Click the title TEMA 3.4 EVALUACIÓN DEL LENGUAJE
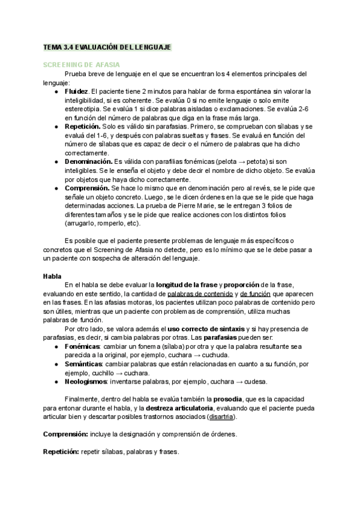click(x=107, y=46)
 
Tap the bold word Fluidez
click(x=76, y=91)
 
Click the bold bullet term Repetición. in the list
click(x=82, y=128)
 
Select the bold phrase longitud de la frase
click(x=186, y=285)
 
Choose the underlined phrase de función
click(x=255, y=294)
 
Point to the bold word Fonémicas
click(x=82, y=346)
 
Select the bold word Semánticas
click(x=83, y=364)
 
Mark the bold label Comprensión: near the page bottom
click(x=65, y=434)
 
